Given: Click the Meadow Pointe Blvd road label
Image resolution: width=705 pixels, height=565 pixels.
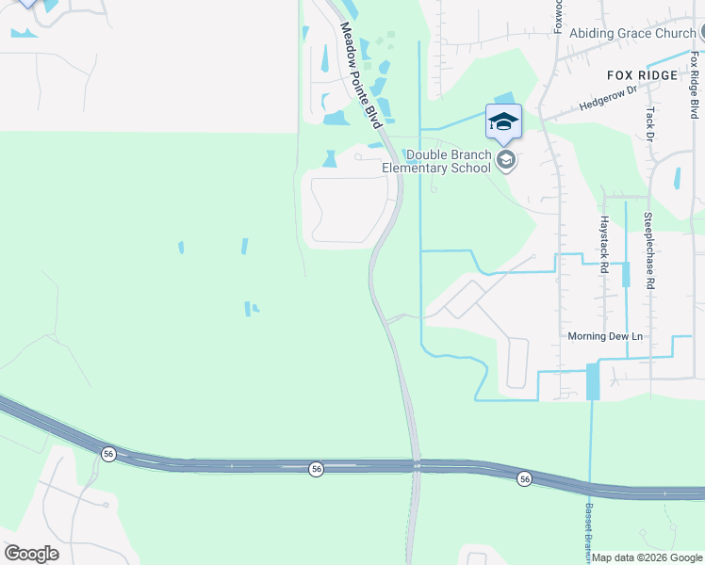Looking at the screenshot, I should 360,75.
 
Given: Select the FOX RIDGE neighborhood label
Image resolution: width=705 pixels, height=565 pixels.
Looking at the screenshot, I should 642,75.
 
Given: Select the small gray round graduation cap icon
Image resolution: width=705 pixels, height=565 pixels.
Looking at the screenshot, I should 506,161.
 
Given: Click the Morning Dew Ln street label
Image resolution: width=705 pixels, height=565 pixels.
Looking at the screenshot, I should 604,336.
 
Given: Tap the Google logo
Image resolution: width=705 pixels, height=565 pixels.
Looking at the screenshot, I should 31,554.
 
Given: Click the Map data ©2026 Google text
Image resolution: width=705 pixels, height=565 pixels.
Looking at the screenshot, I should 648,557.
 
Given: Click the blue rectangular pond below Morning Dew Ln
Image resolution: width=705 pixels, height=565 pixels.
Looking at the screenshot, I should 592,381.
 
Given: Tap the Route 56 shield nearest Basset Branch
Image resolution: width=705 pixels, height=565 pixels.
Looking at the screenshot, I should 524,479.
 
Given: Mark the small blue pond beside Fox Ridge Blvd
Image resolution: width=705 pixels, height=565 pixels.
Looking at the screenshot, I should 678,178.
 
